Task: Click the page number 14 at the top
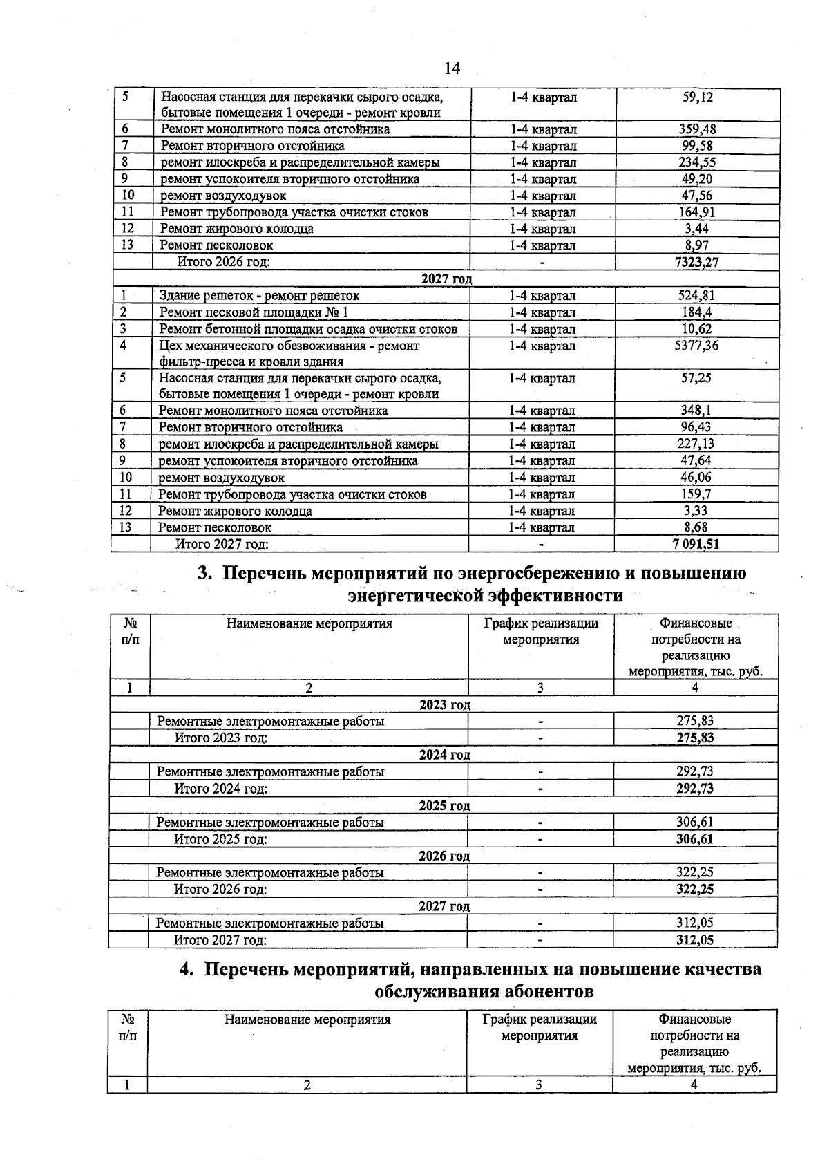(x=452, y=68)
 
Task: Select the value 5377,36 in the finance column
(x=696, y=346)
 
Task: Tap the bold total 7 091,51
(x=696, y=544)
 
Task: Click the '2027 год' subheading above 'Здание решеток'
(x=446, y=279)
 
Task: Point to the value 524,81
(x=696, y=296)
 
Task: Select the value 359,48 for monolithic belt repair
(x=696, y=129)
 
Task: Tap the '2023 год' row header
(x=445, y=704)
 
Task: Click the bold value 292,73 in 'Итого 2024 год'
(x=695, y=789)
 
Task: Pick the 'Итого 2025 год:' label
(x=220, y=839)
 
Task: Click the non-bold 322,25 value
(x=695, y=872)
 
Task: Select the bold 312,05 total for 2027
(x=695, y=940)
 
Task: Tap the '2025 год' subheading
(x=444, y=806)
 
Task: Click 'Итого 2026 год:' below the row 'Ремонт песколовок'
(x=223, y=262)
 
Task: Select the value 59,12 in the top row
(x=697, y=97)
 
